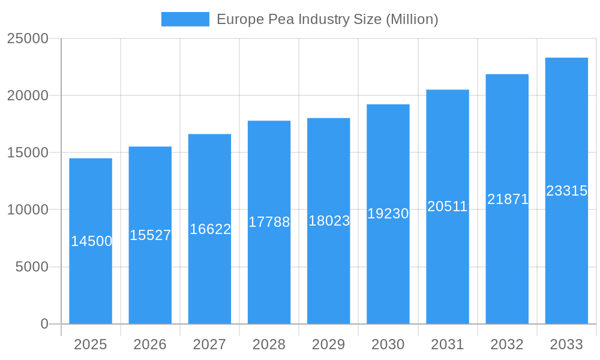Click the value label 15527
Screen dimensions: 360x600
pos(150,235)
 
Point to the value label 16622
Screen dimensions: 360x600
pos(210,229)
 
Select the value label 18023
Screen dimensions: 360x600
pos(329,221)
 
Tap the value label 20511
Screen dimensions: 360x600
pos(447,206)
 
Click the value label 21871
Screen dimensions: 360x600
pos(507,199)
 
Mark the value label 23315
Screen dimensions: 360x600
pos(566,191)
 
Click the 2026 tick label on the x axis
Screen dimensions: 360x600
pos(150,344)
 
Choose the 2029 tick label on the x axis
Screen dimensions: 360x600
pos(329,344)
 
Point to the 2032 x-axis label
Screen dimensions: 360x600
pos(507,344)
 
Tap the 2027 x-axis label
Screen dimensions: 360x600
pos(209,344)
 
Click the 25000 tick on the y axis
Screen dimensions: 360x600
pos(28,38)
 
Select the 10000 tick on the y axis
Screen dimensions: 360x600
pos(28,210)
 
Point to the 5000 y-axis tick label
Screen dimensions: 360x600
pos(32,267)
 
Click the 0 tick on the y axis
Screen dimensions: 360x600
pos(44,324)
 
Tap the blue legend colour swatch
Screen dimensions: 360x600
pos(185,19)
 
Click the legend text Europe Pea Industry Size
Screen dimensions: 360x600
pos(327,19)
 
